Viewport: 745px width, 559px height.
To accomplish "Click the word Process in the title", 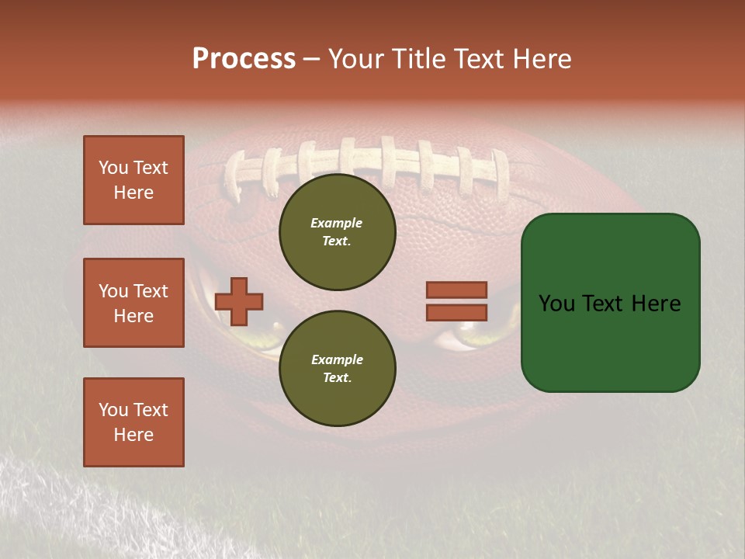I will [244, 59].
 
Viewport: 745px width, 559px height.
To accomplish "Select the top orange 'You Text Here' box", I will [133, 180].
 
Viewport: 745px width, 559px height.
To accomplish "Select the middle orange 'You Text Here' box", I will [133, 303].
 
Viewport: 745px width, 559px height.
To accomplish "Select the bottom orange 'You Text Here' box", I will [133, 422].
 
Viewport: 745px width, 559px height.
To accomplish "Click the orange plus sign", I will [239, 301].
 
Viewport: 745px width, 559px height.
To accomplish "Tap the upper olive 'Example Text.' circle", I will [337, 232].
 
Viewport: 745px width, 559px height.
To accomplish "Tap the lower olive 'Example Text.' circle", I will [337, 369].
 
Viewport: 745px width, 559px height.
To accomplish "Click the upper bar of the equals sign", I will [456, 290].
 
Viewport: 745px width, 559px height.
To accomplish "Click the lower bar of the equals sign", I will [456, 312].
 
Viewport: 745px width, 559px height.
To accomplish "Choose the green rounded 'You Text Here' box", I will [610, 303].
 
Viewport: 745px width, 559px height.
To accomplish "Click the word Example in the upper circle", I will [337, 223].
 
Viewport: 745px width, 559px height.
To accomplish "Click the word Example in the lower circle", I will [337, 359].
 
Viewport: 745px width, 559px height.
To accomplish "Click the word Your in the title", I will [354, 59].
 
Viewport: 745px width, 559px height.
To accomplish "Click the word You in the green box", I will [557, 304].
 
